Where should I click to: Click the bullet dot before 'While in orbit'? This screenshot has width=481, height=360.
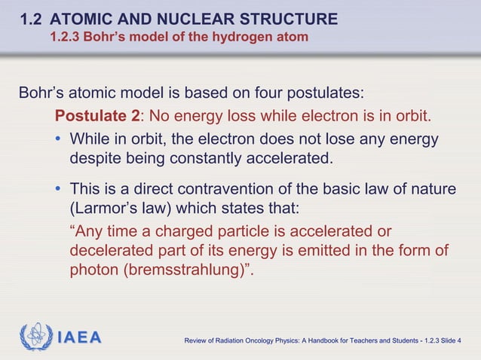pyautogui.click(x=59, y=140)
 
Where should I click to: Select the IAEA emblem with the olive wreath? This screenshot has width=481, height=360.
pyautogui.click(x=35, y=336)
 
